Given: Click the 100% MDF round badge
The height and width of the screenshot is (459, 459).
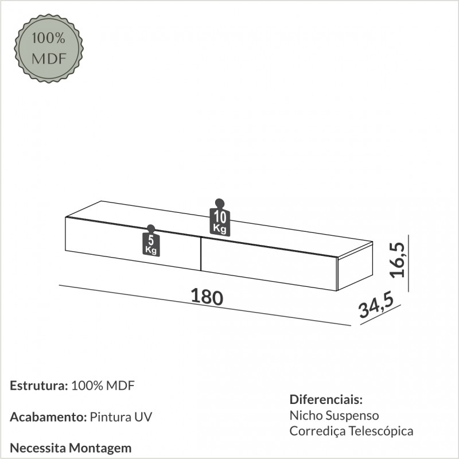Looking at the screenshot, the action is pyautogui.click(x=49, y=48).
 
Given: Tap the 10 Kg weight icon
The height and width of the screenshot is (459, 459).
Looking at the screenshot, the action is pyautogui.click(x=220, y=217).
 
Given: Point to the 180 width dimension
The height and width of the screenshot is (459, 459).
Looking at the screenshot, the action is pyautogui.click(x=207, y=297).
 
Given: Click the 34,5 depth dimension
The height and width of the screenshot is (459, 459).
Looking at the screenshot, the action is pyautogui.click(x=376, y=305).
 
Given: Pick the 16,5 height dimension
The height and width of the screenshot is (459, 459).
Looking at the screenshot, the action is pyautogui.click(x=397, y=260).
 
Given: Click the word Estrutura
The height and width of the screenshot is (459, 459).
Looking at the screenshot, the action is pyautogui.click(x=39, y=386).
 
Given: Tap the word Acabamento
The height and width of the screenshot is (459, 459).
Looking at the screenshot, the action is pyautogui.click(x=48, y=417).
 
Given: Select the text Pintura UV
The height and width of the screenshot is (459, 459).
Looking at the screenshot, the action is pyautogui.click(x=121, y=417).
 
